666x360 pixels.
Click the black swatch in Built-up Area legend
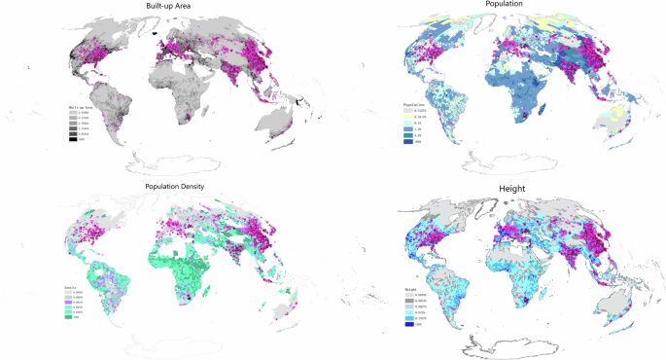click(72, 140)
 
